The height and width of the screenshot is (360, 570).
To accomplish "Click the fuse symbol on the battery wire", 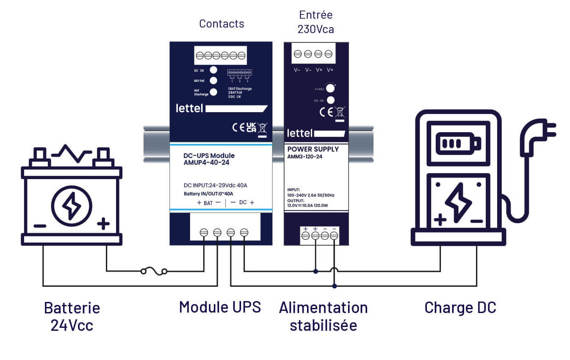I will click(x=154, y=271).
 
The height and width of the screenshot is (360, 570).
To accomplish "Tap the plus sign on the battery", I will click(x=103, y=223).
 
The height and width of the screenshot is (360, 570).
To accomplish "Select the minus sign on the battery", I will click(x=40, y=226).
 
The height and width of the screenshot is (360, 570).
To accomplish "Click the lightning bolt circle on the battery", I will click(x=72, y=206).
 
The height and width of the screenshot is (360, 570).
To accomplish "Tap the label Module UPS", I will click(x=220, y=307).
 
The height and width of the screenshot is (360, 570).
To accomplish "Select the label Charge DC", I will click(x=460, y=308).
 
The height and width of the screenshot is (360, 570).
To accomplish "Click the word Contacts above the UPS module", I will click(x=221, y=24).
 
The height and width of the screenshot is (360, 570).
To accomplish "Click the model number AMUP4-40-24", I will click(x=206, y=162).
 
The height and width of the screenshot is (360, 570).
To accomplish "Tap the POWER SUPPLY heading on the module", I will click(x=313, y=149).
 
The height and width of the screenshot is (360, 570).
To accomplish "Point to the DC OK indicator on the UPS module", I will click(x=214, y=70).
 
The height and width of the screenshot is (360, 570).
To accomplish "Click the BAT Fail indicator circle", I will click(x=214, y=80).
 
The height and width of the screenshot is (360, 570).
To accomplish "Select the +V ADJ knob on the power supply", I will click(x=331, y=89).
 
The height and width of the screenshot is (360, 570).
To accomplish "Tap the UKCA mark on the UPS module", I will click(x=251, y=127).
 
